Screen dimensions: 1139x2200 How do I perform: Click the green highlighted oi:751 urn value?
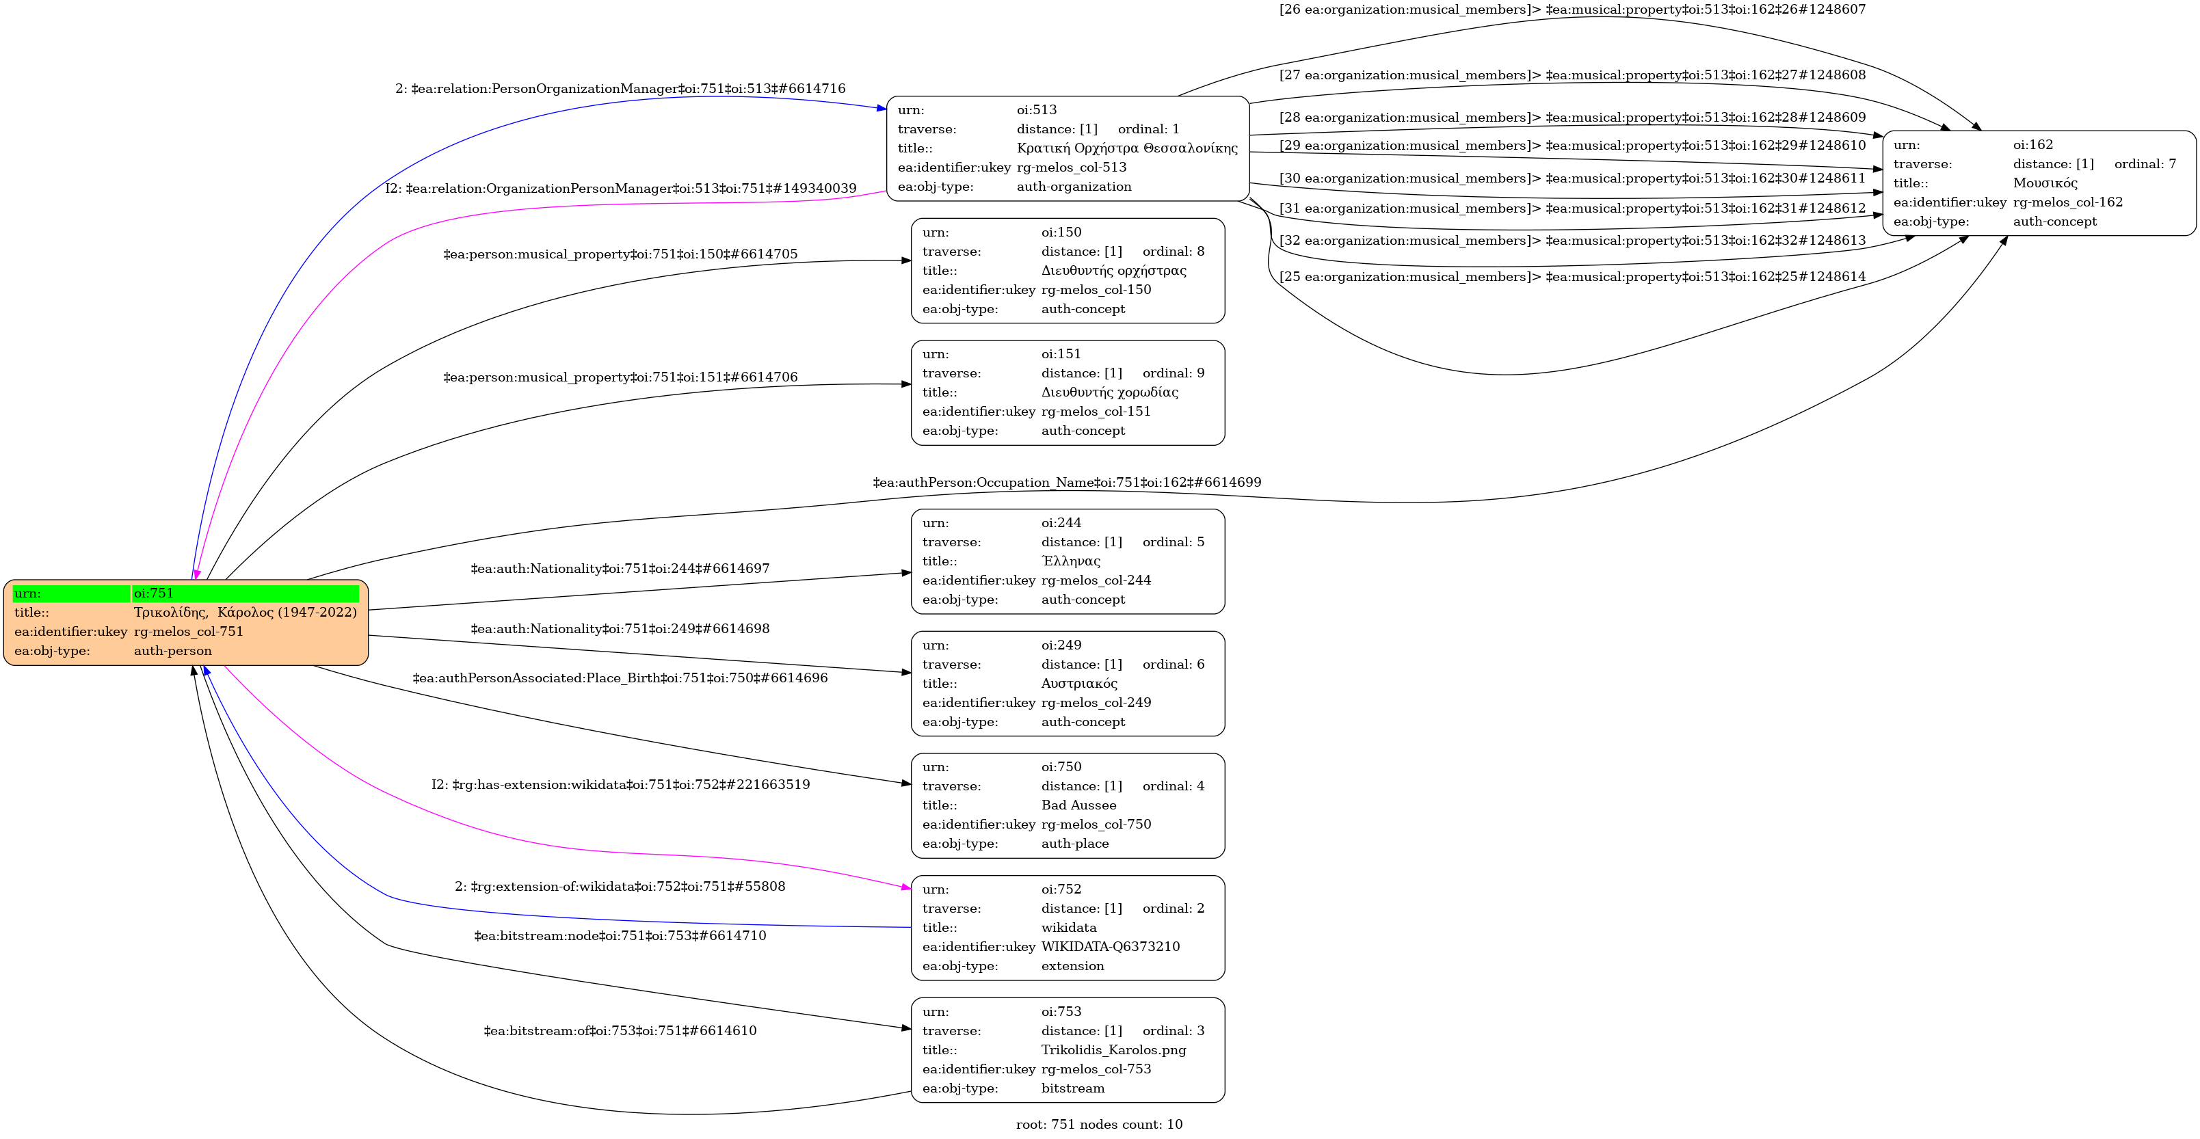245,593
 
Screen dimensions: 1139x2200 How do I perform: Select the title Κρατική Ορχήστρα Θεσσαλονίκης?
1126,148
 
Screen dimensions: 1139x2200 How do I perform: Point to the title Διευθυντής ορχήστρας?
1113,271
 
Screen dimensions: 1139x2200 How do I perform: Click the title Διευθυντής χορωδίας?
1109,392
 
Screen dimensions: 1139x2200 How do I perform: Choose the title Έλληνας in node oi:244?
1071,562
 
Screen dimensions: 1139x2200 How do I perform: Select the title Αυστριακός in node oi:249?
1078,684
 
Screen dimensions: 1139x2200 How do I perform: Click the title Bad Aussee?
1078,805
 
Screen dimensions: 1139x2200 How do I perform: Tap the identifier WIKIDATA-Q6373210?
1110,947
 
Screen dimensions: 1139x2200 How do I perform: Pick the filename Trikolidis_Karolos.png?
1113,1050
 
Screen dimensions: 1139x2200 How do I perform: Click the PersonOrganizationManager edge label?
620,89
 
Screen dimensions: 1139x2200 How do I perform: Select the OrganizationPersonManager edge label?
620,189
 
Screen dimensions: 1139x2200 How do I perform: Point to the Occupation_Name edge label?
1067,483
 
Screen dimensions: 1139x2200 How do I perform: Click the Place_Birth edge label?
620,678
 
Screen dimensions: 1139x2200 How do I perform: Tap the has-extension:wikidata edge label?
620,785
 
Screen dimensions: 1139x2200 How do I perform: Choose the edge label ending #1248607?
1572,10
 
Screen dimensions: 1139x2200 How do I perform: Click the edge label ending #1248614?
1572,277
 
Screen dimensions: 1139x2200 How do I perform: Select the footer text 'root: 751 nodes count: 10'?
1099,1125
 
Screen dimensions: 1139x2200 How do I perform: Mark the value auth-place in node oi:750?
1074,844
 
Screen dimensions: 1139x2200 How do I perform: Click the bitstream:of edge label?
620,1030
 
